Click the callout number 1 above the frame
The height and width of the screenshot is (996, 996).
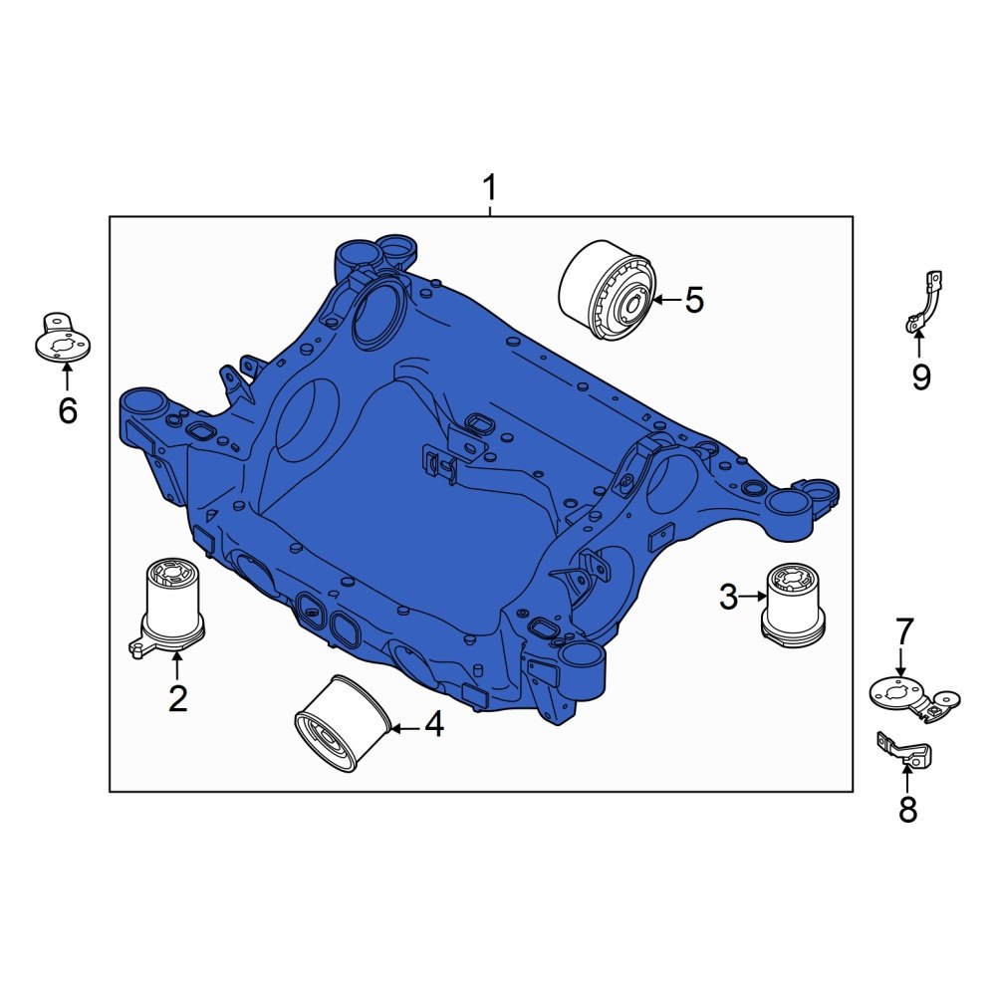click(489, 186)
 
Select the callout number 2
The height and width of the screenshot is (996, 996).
click(177, 698)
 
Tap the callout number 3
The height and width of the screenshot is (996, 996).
click(729, 598)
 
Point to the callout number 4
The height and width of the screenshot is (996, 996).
click(433, 726)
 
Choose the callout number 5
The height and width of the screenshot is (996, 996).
click(694, 299)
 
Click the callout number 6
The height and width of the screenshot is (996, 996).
click(67, 409)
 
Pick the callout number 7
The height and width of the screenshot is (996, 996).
click(903, 630)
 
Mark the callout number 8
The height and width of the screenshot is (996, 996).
click(907, 810)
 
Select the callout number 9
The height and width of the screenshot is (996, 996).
click(920, 376)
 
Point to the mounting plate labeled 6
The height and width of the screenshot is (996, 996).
click(62, 340)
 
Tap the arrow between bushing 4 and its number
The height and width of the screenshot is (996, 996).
click(404, 728)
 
